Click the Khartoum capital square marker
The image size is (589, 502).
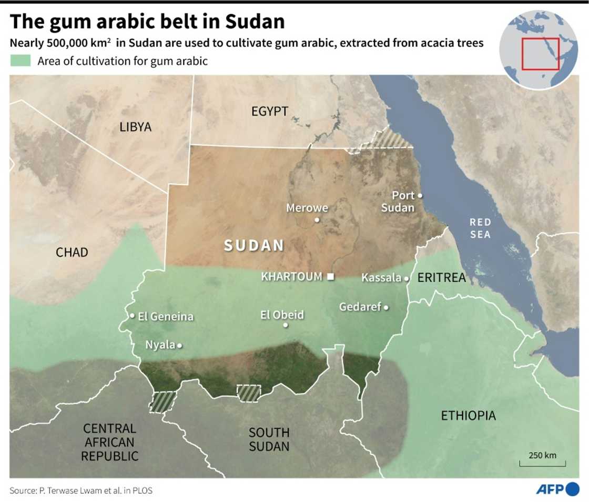click(x=331, y=277)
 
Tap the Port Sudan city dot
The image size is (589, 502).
click(x=420, y=196)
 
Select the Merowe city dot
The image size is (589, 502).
click(x=317, y=220)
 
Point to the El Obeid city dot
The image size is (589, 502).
click(x=286, y=325)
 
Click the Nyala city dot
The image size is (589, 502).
click(x=180, y=346)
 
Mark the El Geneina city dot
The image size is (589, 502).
click(x=132, y=316)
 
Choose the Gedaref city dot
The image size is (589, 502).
click(x=386, y=307)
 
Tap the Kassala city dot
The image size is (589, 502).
click(x=407, y=278)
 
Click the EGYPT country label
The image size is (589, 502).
click(x=270, y=112)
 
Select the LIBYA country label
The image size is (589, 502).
click(x=135, y=127)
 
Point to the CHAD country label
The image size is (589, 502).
click(x=72, y=253)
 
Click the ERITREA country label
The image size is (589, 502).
click(x=442, y=278)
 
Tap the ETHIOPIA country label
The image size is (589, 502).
click(x=468, y=416)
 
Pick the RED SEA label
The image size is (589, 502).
click(x=480, y=228)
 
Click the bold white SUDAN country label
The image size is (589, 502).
click(x=254, y=245)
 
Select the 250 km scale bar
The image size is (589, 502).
click(x=542, y=464)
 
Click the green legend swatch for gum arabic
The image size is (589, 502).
click(x=21, y=61)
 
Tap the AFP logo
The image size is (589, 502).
click(x=557, y=489)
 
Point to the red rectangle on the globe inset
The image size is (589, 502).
click(x=540, y=54)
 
